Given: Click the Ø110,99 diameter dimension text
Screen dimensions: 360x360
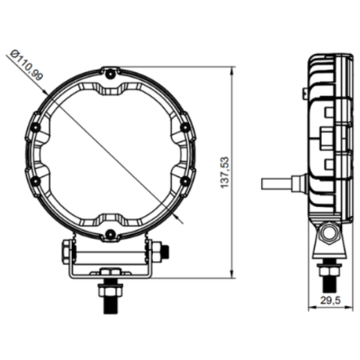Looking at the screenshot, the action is [26, 65].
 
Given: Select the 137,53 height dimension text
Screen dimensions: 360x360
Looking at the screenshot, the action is [224, 172].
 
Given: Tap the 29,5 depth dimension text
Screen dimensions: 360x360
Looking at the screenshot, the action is [331, 300].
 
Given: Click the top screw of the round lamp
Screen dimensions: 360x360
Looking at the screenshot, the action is [110, 73].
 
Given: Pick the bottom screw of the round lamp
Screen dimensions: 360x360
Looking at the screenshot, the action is [110, 234].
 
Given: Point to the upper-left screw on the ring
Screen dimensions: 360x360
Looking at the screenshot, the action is [37, 127].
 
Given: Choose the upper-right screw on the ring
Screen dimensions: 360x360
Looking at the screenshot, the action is [184, 127].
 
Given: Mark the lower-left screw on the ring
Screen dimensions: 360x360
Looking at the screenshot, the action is [37, 181].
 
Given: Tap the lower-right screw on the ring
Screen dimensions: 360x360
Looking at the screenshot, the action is [184, 181].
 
